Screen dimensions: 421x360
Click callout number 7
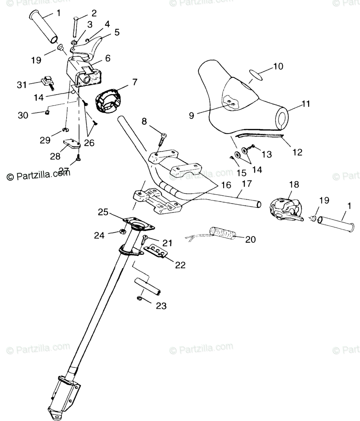coord(135,82)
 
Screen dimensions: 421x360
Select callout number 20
coord(250,239)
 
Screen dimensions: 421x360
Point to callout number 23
coord(161,306)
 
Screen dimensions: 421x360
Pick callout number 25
coord(103,212)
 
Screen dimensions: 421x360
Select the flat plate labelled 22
coord(156,252)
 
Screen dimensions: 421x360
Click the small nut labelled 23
coord(139,299)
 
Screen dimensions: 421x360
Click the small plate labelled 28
coord(72,144)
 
